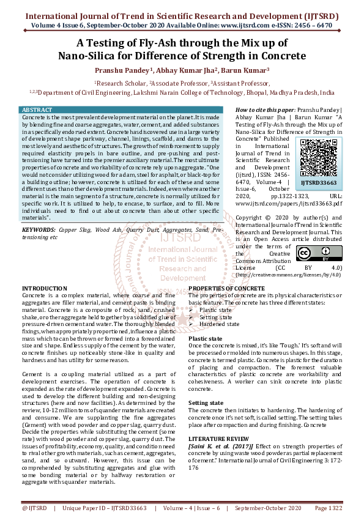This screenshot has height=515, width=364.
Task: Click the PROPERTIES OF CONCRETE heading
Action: pos(226,287)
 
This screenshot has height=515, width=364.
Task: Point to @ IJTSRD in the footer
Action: pos(34,507)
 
